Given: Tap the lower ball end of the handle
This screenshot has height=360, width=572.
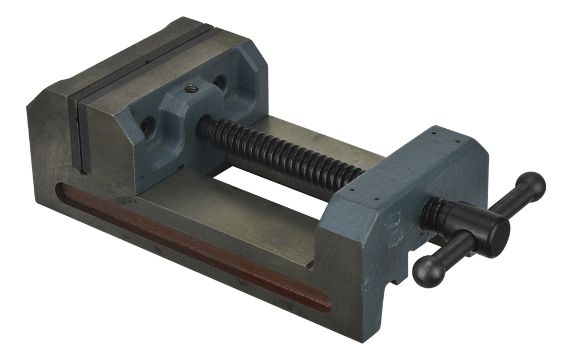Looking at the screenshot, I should (428, 270).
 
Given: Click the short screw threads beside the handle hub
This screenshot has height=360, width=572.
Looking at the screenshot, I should (434, 213).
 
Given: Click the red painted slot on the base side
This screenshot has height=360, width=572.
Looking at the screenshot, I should (194, 246).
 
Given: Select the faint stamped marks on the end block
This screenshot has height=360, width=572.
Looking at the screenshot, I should (394, 229).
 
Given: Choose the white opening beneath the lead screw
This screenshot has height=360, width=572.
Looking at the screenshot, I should (269, 183).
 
